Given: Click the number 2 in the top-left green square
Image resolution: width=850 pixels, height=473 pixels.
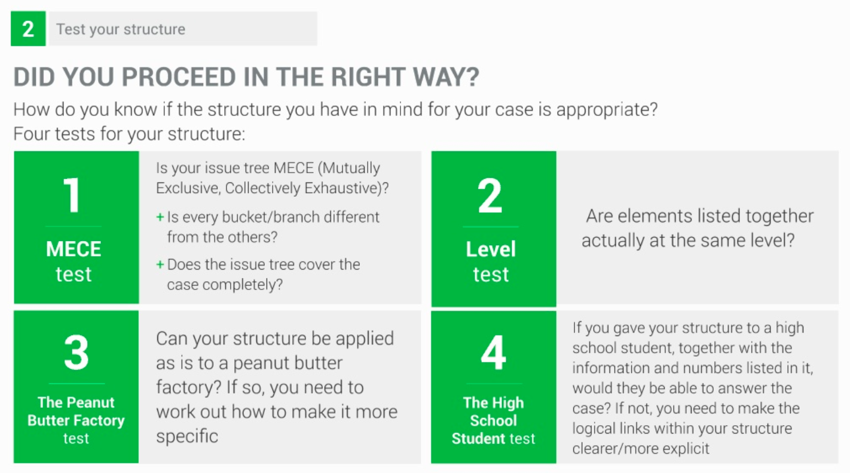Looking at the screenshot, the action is [28, 29].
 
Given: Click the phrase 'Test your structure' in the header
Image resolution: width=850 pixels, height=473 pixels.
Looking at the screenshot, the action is [121, 29].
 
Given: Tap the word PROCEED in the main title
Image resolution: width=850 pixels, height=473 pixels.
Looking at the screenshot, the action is [178, 77].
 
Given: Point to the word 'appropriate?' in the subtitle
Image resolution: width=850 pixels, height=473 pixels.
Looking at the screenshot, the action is [607, 110].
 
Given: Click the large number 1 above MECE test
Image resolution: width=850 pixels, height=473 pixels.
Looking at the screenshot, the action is [72, 195].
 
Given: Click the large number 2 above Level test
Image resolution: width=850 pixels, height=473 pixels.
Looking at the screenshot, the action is [490, 196].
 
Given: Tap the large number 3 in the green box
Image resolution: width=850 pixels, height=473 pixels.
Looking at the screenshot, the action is [77, 352].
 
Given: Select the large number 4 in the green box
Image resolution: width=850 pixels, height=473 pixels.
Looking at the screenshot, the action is [493, 352].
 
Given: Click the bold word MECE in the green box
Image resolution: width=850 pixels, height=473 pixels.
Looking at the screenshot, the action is [74, 249].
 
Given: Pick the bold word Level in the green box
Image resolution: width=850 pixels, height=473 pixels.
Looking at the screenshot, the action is [491, 249].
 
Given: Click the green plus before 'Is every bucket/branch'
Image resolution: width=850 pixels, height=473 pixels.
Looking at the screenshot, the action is [160, 218].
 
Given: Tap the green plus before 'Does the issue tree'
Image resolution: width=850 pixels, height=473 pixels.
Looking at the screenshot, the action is [160, 264].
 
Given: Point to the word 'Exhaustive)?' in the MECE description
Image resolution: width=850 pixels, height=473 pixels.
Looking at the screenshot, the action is [347, 188].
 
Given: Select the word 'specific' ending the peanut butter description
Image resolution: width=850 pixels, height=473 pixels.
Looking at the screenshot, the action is [187, 436].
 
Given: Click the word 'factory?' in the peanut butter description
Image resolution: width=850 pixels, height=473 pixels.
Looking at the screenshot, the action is [189, 387].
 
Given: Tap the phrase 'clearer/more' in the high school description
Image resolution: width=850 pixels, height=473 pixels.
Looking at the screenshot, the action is [614, 449].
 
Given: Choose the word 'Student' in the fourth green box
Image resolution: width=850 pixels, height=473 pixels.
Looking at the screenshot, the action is [478, 438].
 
